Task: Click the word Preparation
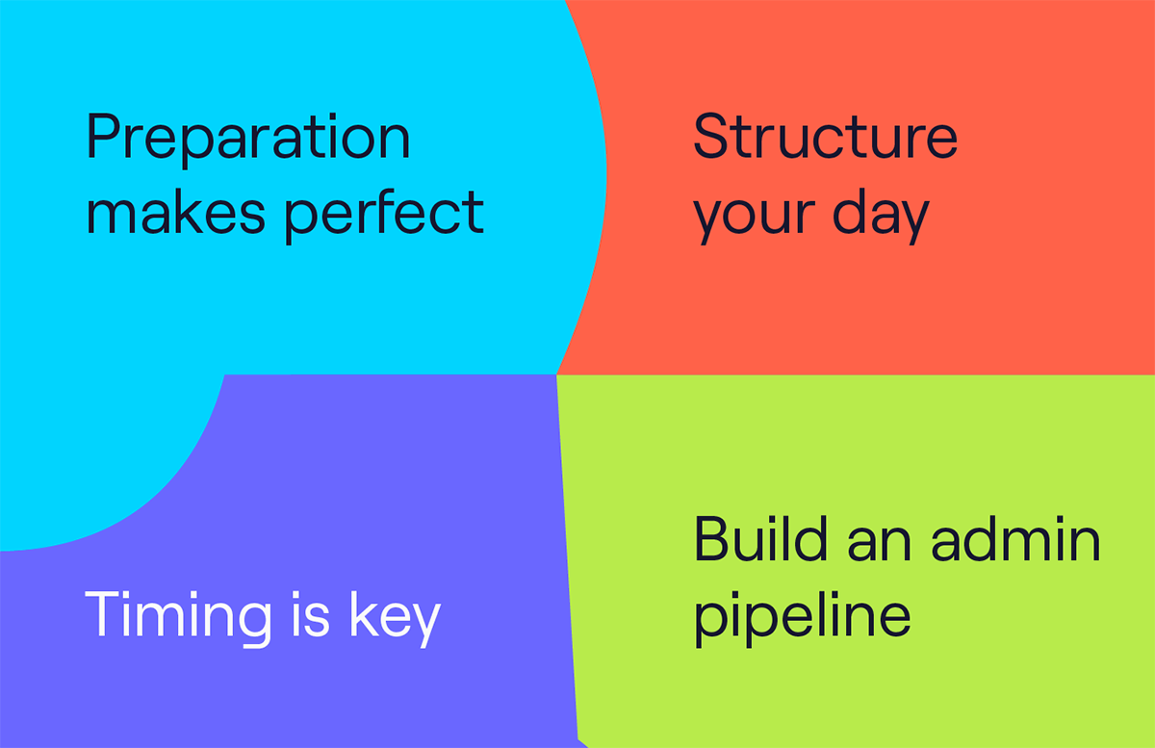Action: (248, 140)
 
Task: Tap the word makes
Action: (176, 212)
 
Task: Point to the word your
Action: (754, 220)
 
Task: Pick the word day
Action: (882, 217)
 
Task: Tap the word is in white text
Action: (310, 614)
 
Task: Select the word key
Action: (395, 619)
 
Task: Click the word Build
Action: (760, 538)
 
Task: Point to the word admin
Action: (1015, 538)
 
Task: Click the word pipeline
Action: (803, 619)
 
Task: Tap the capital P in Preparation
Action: (104, 135)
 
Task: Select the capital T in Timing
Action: (103, 614)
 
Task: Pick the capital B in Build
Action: (712, 538)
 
